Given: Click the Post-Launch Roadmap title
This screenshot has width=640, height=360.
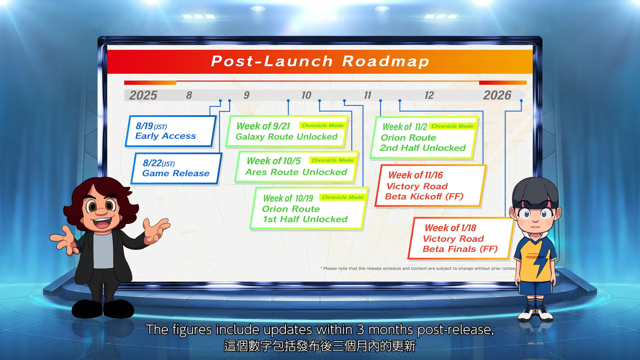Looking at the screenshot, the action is pyautogui.click(x=320, y=61).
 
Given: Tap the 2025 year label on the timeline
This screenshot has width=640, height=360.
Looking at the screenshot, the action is pyautogui.click(x=143, y=95).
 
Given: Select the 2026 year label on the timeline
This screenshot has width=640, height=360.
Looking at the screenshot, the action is pyautogui.click(x=497, y=95).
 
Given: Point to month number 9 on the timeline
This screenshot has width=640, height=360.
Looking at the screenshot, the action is pyautogui.click(x=246, y=95).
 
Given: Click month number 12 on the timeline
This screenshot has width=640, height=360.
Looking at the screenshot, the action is pyautogui.click(x=429, y=95).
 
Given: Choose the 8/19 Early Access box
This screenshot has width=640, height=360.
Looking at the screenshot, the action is pyautogui.click(x=170, y=131).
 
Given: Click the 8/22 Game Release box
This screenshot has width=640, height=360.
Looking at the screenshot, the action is pyautogui.click(x=176, y=168).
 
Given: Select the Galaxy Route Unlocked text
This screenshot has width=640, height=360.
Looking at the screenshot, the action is pyautogui.click(x=287, y=137).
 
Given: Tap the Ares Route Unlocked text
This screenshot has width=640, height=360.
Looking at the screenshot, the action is pyautogui.click(x=296, y=172).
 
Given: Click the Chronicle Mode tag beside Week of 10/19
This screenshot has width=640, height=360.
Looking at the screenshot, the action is pyautogui.click(x=343, y=197).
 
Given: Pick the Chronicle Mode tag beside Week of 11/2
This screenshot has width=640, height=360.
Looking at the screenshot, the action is pyautogui.click(x=452, y=126).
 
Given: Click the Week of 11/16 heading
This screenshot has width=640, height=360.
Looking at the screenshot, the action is pyautogui.click(x=416, y=175).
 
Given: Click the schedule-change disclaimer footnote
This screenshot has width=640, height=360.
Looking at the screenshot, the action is pyautogui.click(x=418, y=268).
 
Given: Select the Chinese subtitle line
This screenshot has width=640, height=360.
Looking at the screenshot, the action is pyautogui.click(x=320, y=346).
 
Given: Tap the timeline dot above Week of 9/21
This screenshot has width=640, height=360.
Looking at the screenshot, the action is pyautogui.click(x=288, y=101).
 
